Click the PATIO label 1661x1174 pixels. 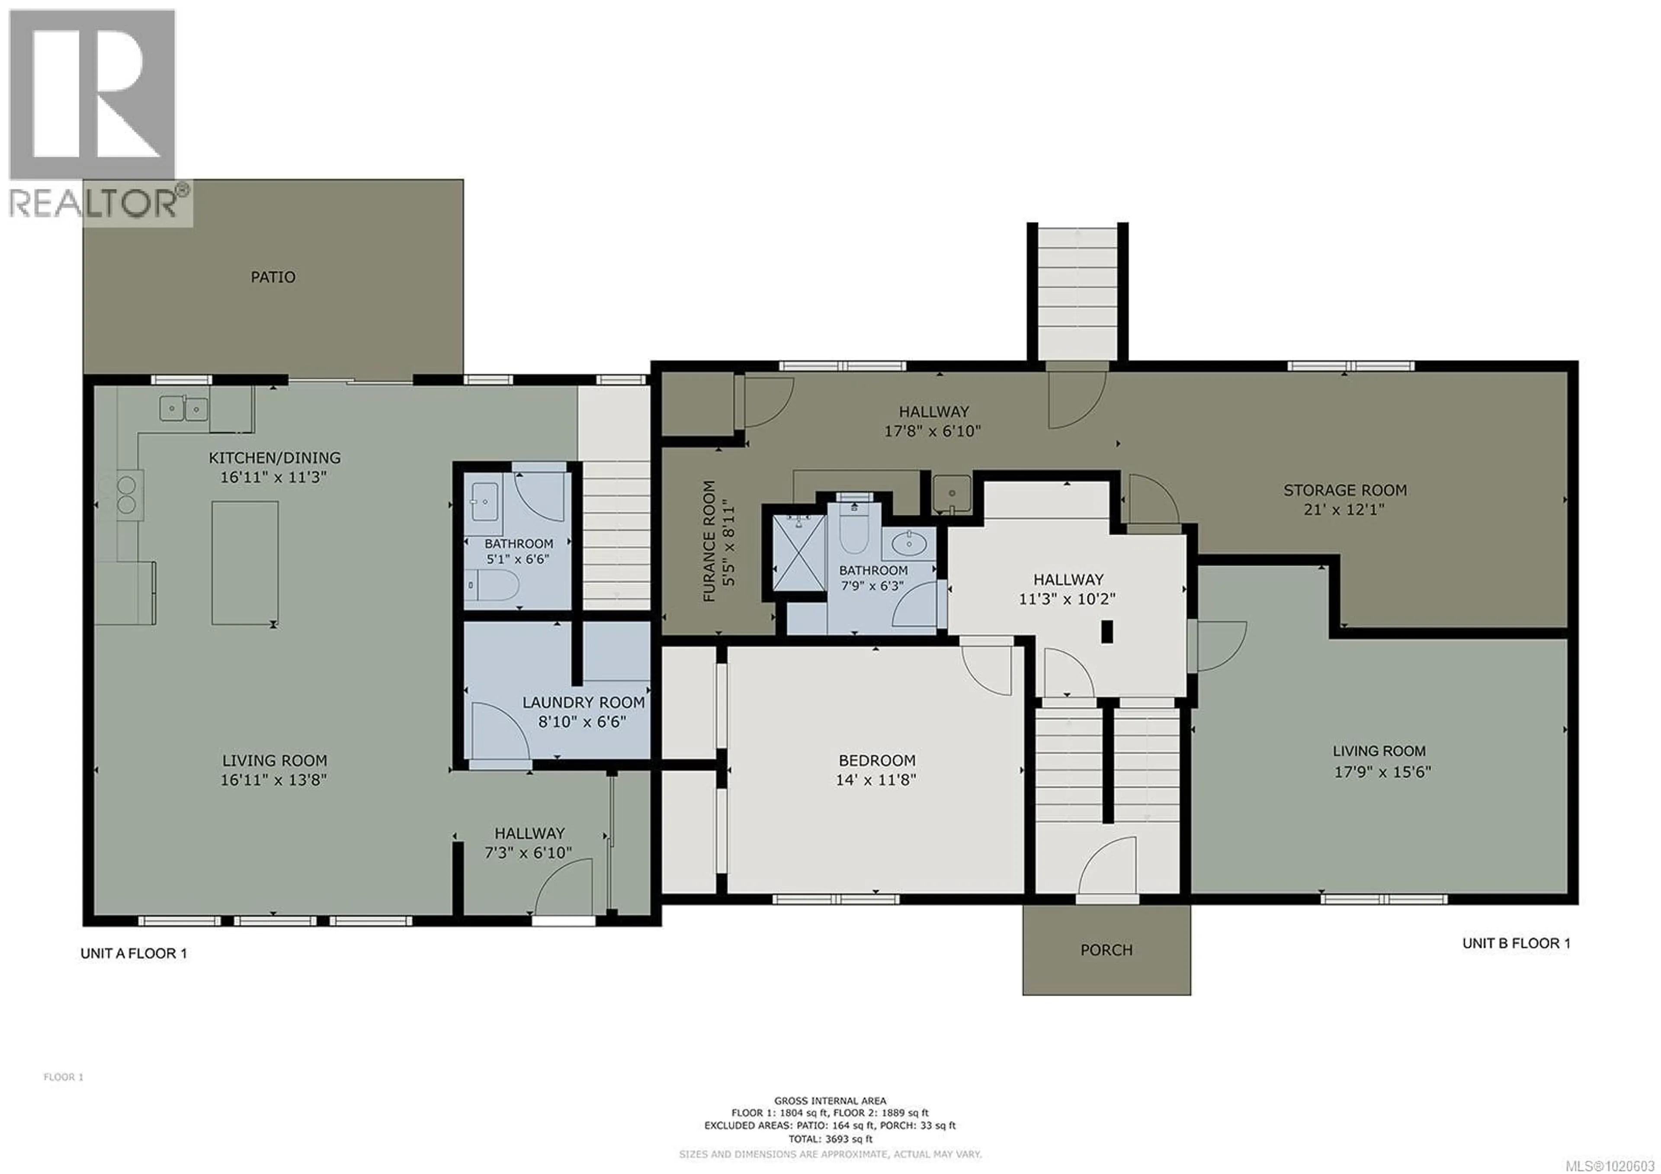click(273, 277)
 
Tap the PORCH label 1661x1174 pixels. click(1106, 950)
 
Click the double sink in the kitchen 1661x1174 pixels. click(184, 409)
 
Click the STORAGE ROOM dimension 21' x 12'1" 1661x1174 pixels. click(1344, 509)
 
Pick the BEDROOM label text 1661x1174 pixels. click(877, 760)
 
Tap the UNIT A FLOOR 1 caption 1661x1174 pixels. click(133, 953)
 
